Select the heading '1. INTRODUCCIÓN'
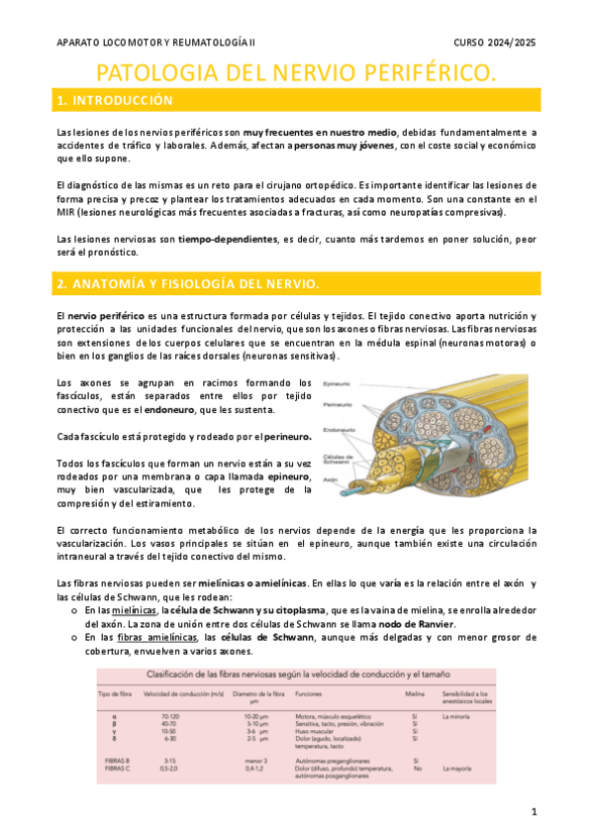115,101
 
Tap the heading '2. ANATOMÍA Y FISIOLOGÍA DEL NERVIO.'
188,284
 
